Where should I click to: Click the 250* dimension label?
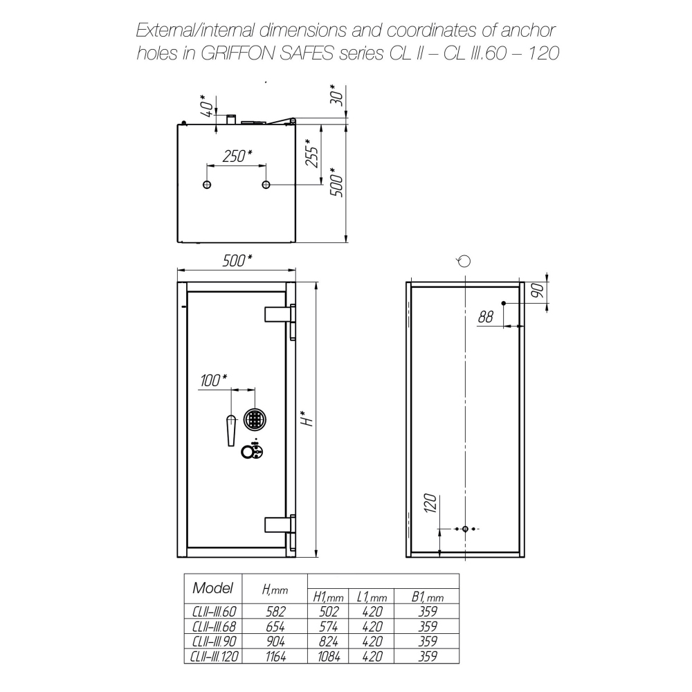pyautogui.click(x=237, y=156)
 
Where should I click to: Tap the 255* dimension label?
pyautogui.click(x=312, y=153)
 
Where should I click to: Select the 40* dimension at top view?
pyautogui.click(x=206, y=105)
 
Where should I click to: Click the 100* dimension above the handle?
pyautogui.click(x=214, y=380)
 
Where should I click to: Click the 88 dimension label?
pyautogui.click(x=486, y=316)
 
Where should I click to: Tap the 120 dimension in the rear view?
pyautogui.click(x=430, y=503)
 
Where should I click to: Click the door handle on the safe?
pyautogui.click(x=231, y=430)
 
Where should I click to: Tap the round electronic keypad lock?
pyautogui.click(x=255, y=418)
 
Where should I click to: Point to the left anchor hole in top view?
pyautogui.click(x=207, y=185)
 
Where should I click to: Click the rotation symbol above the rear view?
pyautogui.click(x=464, y=262)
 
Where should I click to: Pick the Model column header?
pyautogui.click(x=212, y=588)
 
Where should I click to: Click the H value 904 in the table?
pyautogui.click(x=276, y=641)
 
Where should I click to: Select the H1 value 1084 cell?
pyautogui.click(x=329, y=656)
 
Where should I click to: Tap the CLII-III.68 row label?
pyautogui.click(x=214, y=626)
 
